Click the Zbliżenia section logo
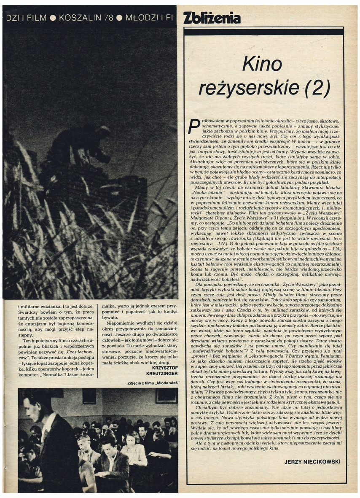[212, 18]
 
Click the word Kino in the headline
[262, 65]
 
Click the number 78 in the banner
[109, 18]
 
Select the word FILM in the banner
[36, 18]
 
